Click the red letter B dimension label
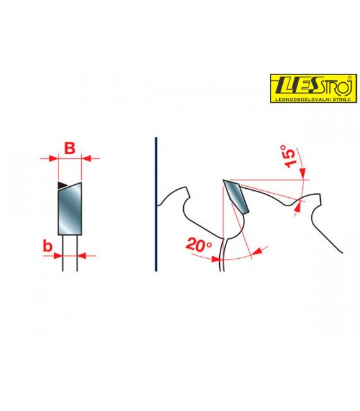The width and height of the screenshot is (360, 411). tap(70, 148)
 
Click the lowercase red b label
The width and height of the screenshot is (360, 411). tap(48, 246)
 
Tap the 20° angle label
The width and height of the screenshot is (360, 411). tap(199, 245)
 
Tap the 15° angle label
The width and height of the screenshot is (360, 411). tap(288, 156)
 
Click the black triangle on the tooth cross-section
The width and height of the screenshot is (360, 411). tap(62, 185)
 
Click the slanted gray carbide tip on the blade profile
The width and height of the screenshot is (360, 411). tap(236, 196)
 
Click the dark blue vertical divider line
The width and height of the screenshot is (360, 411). tap(156, 204)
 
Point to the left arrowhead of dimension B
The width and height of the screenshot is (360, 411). tap(53, 159)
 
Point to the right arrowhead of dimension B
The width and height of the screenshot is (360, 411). tap(86, 159)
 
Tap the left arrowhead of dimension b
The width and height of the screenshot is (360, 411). tap(59, 256)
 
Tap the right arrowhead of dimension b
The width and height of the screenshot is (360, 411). tap(82, 256)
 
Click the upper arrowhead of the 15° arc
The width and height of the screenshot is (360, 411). tap(303, 171)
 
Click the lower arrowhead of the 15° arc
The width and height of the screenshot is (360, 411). tap(298, 207)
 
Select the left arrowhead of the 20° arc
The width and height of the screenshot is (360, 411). tap(216, 259)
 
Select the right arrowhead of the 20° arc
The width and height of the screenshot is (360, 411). tap(257, 251)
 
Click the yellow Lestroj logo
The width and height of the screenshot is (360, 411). tap(314, 88)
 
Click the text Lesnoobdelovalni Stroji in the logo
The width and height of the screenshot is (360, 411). tap(313, 100)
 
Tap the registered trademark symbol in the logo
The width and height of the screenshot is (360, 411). tap(349, 78)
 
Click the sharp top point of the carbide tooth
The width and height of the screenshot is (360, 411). tap(223, 180)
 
